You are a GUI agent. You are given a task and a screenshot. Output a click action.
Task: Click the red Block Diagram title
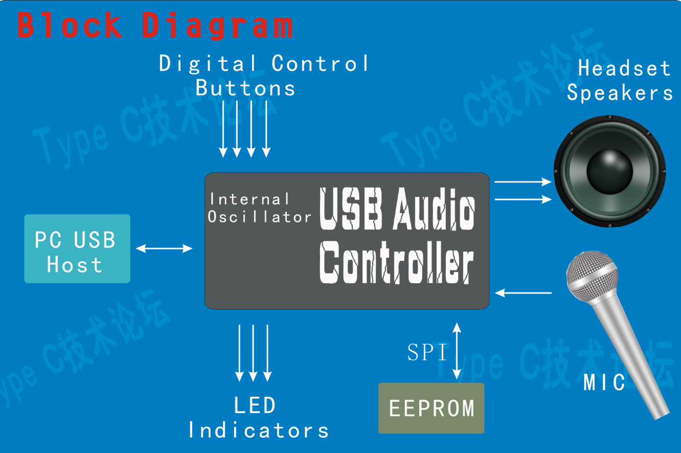pyautogui.click(x=155, y=25)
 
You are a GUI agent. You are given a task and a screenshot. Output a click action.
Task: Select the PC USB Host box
pyautogui.click(x=77, y=248)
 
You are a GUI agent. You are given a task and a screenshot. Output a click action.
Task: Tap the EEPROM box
pyautogui.click(x=431, y=408)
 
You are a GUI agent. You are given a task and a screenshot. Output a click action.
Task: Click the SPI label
pyautogui.click(x=427, y=352)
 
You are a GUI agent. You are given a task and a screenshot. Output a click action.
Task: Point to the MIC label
pyautogui.click(x=604, y=382)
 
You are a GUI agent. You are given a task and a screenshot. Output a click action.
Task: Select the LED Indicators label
pyautogui.click(x=258, y=418)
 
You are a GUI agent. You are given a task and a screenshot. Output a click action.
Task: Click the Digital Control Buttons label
pyautogui.click(x=263, y=76)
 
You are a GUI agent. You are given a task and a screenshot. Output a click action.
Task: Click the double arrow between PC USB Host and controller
pyautogui.click(x=164, y=248)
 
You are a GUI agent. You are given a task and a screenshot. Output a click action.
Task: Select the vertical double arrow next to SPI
pyautogui.click(x=457, y=351)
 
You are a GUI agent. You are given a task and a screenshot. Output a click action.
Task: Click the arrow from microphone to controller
pyautogui.click(x=524, y=293)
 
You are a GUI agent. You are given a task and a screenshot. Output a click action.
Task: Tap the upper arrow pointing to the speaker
pyautogui.click(x=523, y=182)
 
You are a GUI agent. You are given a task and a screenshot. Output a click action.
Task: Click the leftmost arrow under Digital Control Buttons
pyautogui.click(x=223, y=128)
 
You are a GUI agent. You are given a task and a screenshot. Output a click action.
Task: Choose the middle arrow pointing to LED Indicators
pyautogui.click(x=253, y=353)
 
